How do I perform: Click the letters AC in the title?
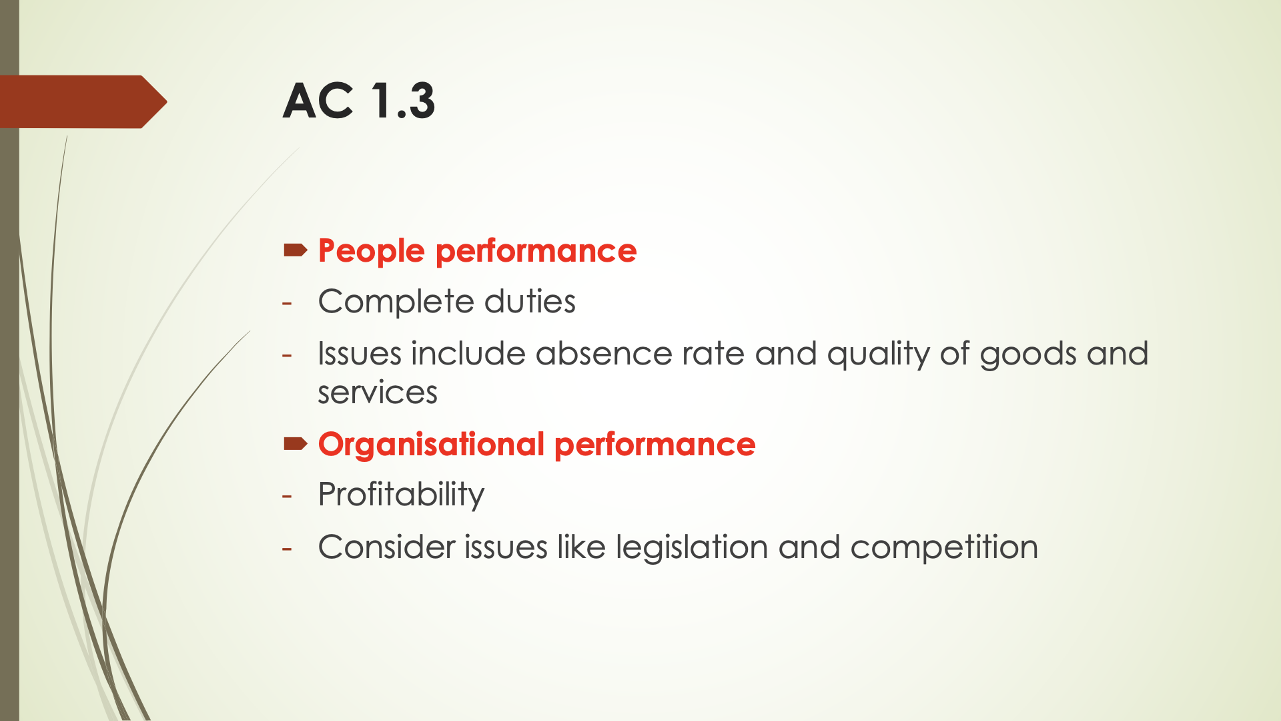point(318,101)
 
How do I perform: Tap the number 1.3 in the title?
point(402,101)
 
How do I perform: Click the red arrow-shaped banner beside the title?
point(80,101)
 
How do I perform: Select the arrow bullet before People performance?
point(295,250)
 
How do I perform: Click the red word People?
point(371,252)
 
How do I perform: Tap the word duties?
point(530,302)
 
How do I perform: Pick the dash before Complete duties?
point(288,302)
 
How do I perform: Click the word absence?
point(603,354)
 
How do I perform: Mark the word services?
point(378,393)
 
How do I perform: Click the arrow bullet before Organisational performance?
point(295,444)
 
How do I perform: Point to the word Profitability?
point(401,495)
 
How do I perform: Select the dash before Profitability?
point(288,496)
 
